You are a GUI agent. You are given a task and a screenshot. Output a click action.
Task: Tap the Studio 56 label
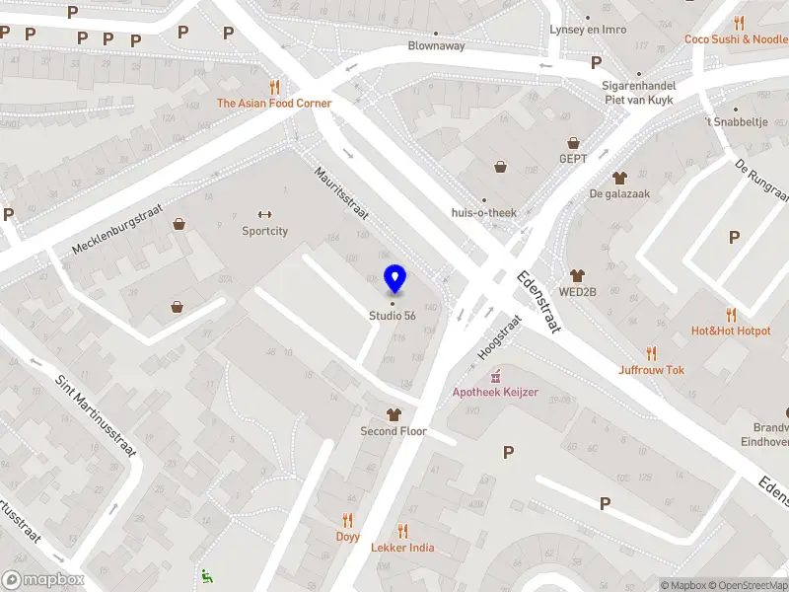pyautogui.click(x=392, y=316)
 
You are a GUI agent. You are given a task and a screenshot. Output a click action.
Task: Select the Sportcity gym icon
pyautogui.click(x=264, y=215)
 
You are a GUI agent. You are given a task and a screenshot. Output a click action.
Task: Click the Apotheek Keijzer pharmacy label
pyautogui.click(x=495, y=392)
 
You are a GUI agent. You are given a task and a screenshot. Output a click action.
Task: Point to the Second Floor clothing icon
pyautogui.click(x=394, y=414)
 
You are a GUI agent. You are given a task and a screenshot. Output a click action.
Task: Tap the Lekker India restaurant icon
pyautogui.click(x=402, y=531)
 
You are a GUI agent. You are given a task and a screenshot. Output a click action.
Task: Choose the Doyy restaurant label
pyautogui.click(x=347, y=537)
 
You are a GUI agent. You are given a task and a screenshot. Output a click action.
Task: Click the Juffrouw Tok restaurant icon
pyautogui.click(x=652, y=353)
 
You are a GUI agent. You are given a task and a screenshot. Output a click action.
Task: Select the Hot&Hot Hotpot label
pyautogui.click(x=731, y=332)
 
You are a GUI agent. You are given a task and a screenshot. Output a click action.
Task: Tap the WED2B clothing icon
pyautogui.click(x=578, y=275)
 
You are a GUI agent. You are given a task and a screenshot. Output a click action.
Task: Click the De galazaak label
pyautogui.click(x=619, y=193)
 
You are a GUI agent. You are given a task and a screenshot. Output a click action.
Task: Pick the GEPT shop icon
pyautogui.click(x=572, y=141)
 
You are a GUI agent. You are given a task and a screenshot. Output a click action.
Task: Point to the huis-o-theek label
pyautogui.click(x=483, y=213)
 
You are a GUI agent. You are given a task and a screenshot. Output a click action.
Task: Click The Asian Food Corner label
pyautogui.click(x=274, y=103)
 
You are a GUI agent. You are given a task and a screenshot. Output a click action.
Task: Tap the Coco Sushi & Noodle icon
pyautogui.click(x=739, y=24)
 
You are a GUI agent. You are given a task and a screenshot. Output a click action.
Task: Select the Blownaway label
pyautogui.click(x=438, y=46)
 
